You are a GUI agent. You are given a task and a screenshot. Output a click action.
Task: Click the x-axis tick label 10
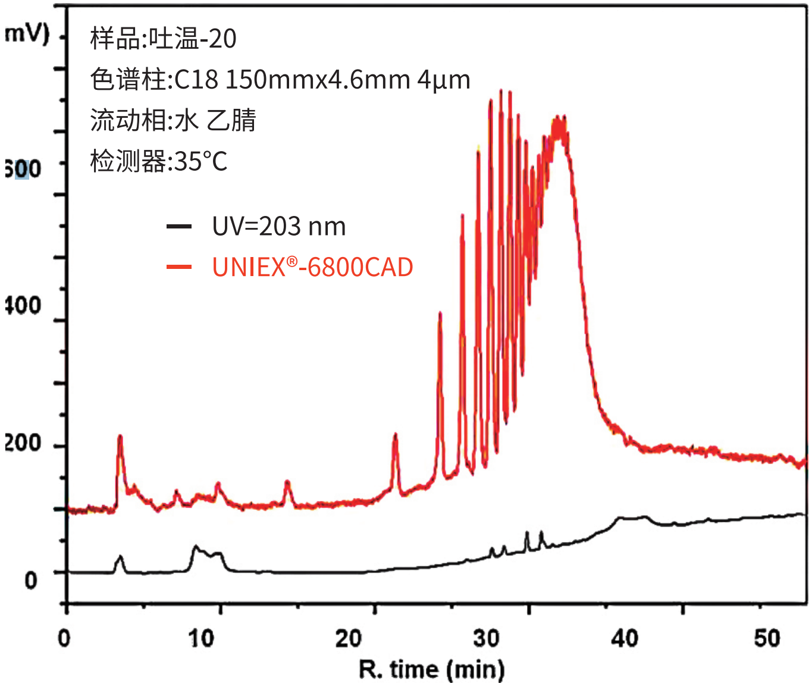[x=201, y=639]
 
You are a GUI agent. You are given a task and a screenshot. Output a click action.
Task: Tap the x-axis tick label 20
[x=348, y=639]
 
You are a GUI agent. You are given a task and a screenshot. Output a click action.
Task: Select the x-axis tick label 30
[x=486, y=639]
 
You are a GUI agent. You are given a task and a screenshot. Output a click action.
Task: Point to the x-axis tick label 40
[x=625, y=639]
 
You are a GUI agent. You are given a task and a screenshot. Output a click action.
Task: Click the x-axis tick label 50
[x=767, y=639]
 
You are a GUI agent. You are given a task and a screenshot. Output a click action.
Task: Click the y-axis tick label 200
[x=23, y=444]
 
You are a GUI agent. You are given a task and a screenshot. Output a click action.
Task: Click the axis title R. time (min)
[x=432, y=669]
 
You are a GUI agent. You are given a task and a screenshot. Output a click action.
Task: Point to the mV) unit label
[x=27, y=34]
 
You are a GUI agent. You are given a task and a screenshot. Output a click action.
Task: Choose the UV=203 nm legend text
[x=279, y=227]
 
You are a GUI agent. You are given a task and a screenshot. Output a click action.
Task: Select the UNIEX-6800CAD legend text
[x=312, y=267]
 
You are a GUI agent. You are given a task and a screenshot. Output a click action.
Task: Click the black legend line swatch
[x=179, y=227]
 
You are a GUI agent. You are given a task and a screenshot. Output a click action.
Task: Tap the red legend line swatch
[x=179, y=267]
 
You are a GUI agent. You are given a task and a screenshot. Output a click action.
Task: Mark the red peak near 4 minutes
[x=120, y=437]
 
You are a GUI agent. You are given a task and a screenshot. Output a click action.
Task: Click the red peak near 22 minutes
[x=395, y=436]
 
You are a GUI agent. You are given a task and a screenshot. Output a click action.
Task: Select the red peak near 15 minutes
[x=287, y=482]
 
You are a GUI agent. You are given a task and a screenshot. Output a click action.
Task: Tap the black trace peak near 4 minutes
[x=121, y=557]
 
